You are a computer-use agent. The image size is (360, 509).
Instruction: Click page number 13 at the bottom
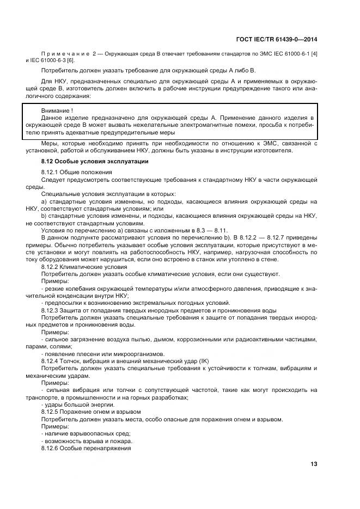[314, 464]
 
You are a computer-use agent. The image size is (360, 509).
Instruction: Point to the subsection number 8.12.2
[49, 267]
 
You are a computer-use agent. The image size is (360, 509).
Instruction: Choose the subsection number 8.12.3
[49, 309]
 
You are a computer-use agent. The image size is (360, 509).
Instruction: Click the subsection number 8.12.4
[49, 361]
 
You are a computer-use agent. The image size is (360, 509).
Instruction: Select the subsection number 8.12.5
[49, 412]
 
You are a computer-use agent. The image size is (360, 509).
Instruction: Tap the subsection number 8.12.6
[49, 448]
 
